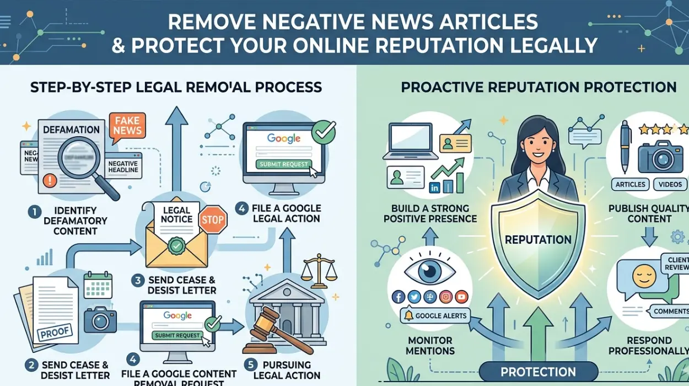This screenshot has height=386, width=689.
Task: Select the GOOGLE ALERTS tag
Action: click(x=435, y=316)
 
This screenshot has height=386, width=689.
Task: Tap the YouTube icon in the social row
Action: click(x=462, y=297)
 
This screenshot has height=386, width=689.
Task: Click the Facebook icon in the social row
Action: click(x=399, y=297)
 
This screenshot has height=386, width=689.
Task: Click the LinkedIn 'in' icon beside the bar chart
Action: click(x=434, y=188)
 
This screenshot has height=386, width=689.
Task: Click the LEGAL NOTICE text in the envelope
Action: click(x=176, y=215)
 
